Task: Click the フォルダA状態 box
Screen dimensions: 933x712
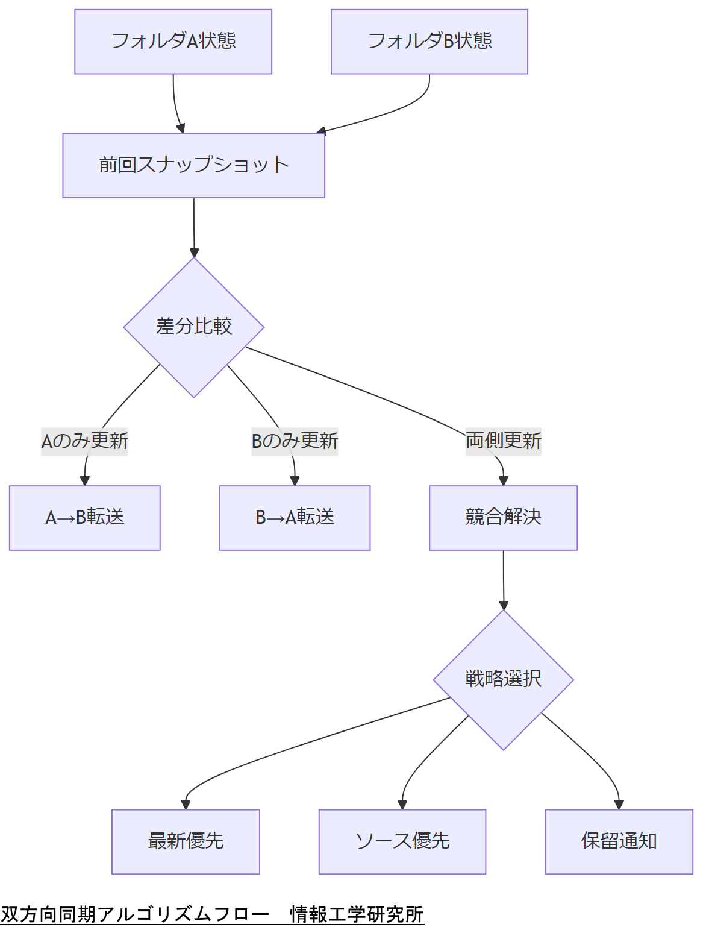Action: (173, 42)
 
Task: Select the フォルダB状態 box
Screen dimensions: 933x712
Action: (429, 42)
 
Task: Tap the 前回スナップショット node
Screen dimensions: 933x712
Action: (193, 165)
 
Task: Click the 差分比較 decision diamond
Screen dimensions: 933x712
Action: (193, 327)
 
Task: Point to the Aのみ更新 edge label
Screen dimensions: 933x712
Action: (84, 441)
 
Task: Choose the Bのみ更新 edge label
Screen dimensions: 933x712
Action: (295, 441)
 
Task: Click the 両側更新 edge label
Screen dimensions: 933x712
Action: (503, 441)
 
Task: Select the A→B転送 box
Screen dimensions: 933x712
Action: (84, 518)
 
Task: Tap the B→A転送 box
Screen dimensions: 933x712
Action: (295, 518)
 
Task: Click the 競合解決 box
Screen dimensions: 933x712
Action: (503, 518)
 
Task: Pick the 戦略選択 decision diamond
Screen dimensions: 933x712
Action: (503, 680)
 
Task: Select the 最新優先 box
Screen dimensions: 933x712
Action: (186, 841)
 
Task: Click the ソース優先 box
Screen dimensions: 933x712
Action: (402, 841)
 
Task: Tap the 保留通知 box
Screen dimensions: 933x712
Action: (619, 841)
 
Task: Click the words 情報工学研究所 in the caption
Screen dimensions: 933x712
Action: (357, 914)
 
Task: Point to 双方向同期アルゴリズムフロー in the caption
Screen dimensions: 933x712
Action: (135, 914)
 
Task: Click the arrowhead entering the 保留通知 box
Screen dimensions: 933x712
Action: (619, 805)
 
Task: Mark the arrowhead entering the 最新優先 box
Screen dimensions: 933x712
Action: (186, 805)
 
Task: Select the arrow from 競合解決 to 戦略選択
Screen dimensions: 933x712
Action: (504, 579)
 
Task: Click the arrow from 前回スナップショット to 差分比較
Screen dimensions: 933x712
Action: (194, 226)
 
